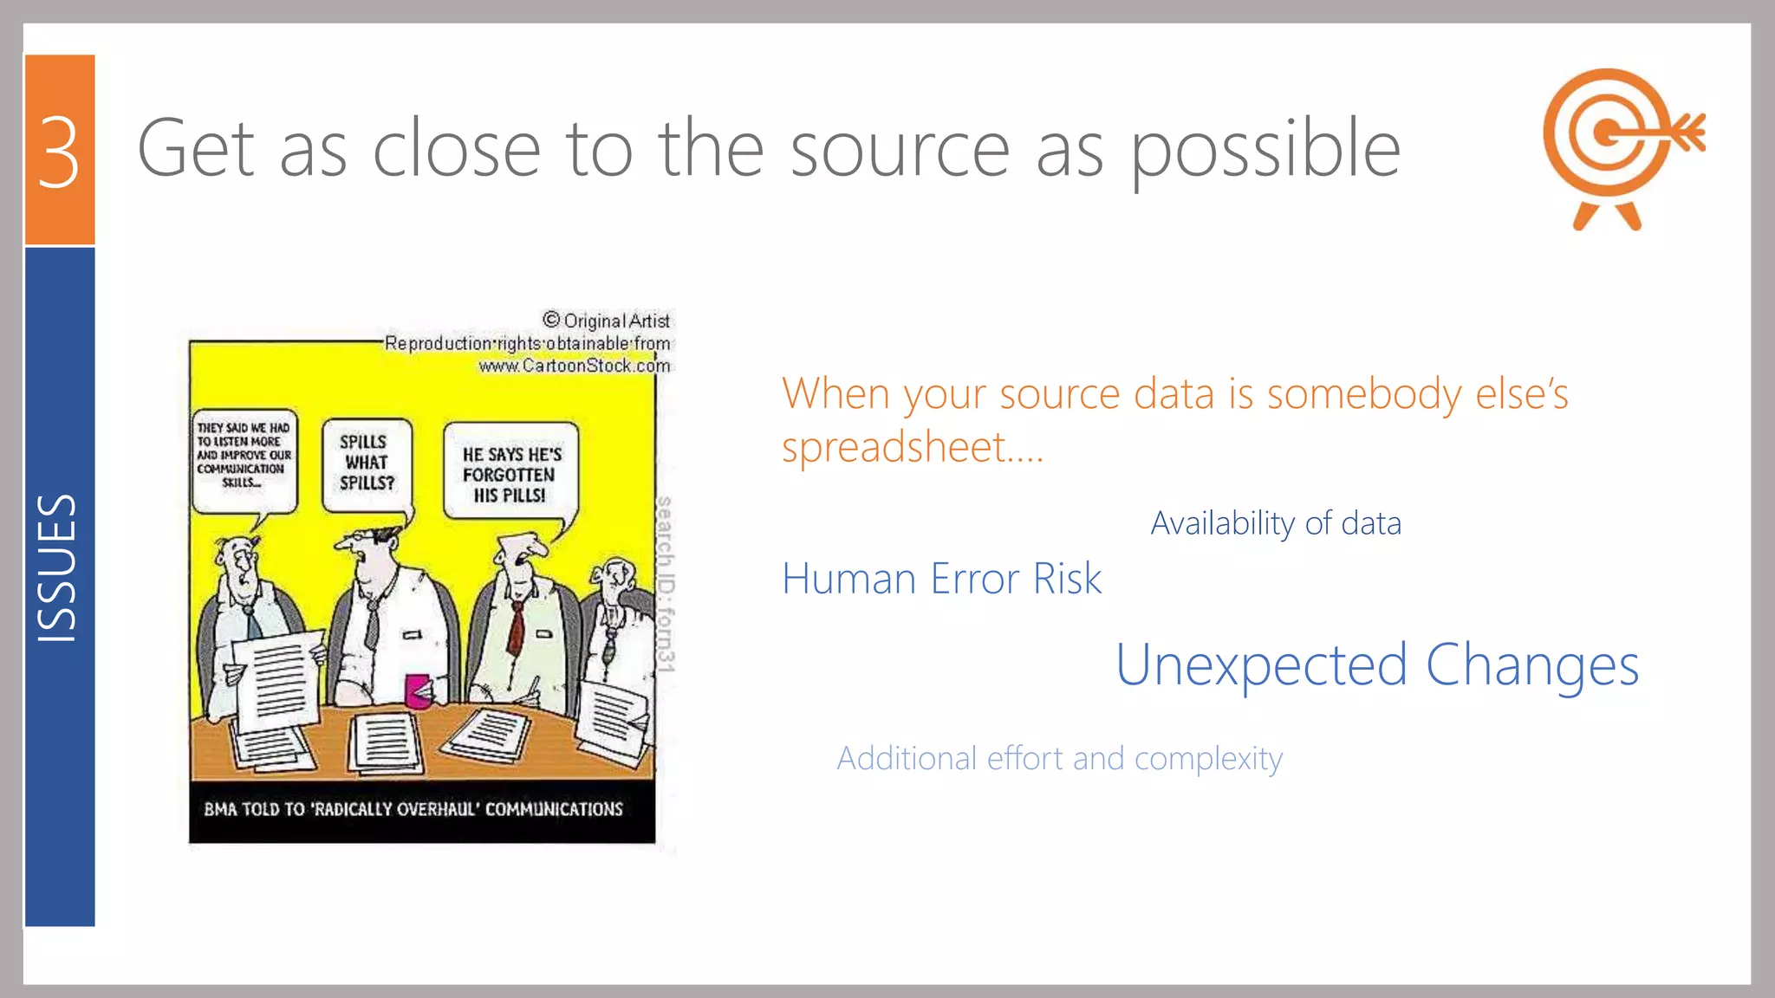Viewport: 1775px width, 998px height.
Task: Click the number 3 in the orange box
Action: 59,152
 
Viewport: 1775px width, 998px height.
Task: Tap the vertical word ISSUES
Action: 57,568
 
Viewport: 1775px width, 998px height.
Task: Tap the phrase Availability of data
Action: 1275,523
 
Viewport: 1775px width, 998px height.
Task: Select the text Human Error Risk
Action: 941,579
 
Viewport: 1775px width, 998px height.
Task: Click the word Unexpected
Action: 1260,665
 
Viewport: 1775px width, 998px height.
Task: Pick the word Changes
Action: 1531,665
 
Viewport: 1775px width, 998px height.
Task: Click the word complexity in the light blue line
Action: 1208,760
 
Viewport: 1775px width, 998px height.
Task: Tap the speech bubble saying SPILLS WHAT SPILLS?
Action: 367,463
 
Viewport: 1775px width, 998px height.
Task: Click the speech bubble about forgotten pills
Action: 510,473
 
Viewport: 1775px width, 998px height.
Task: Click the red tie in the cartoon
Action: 517,628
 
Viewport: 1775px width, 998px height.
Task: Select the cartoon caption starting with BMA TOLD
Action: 413,809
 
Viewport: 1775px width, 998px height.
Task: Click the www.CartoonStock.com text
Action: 574,366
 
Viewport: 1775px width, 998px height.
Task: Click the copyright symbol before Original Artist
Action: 551,320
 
